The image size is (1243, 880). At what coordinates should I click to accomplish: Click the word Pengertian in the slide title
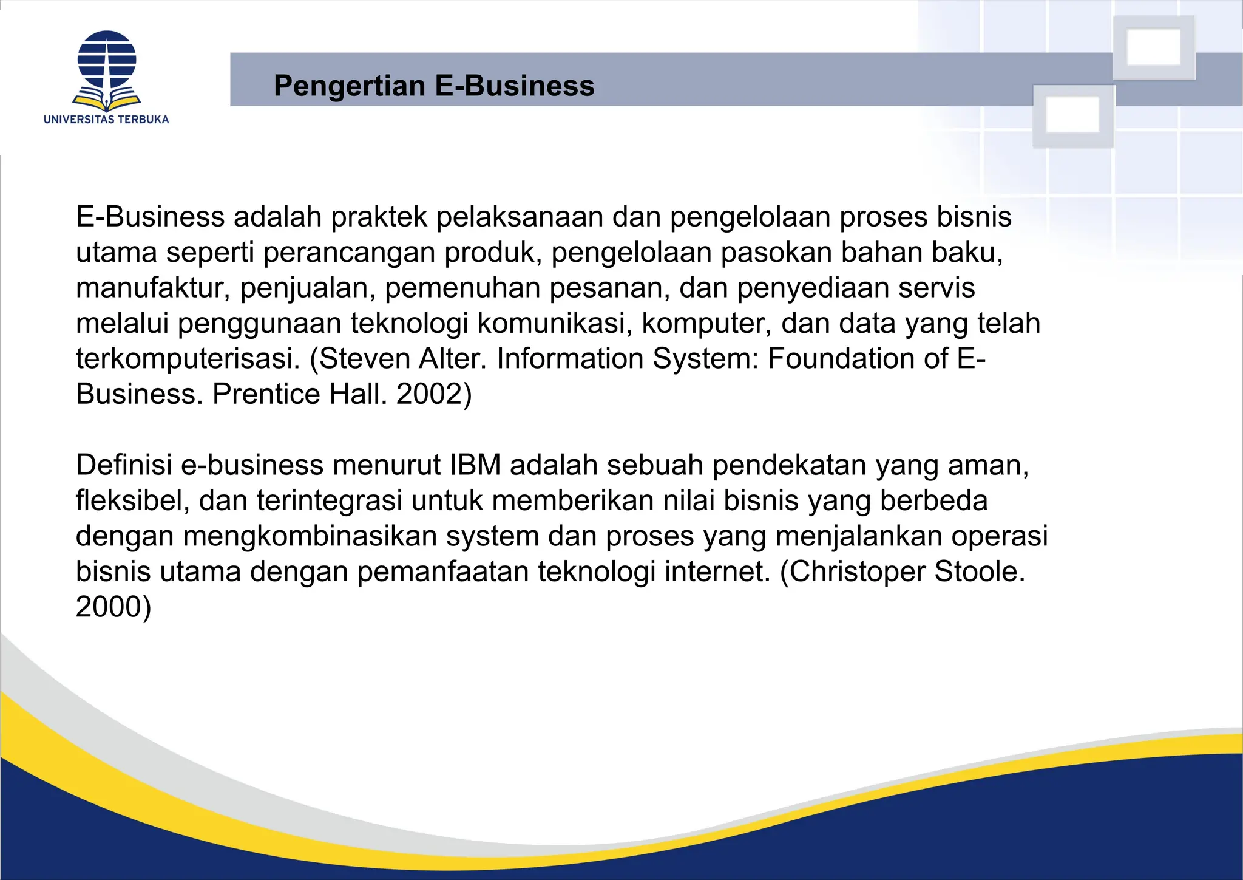349,86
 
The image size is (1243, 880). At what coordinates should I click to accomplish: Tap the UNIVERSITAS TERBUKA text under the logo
106,120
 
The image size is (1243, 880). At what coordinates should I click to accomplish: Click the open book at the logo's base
106,100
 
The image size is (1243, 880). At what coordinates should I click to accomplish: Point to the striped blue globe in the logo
107,59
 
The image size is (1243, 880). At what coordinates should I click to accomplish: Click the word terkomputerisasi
188,358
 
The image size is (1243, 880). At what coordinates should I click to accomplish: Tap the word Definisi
124,465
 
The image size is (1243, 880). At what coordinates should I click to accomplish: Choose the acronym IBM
475,465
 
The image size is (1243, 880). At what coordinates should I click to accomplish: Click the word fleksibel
133,500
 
